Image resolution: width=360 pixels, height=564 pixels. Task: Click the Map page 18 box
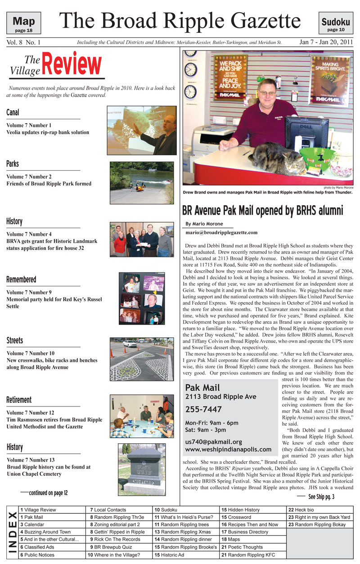[x=24, y=23]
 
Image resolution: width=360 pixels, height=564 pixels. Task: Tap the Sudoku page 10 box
[x=336, y=23]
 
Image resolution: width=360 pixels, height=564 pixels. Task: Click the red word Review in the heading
[x=72, y=65]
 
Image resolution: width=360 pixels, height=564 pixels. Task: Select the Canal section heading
[x=13, y=112]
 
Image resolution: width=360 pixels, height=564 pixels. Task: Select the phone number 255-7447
[x=203, y=409]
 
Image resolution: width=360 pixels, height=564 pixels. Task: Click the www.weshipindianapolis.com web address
[x=228, y=449]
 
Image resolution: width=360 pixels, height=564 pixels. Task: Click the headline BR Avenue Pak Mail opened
[x=262, y=210]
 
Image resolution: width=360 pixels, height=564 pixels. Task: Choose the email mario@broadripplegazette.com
[x=221, y=232]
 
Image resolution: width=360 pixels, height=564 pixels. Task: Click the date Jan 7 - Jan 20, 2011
[x=326, y=43]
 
